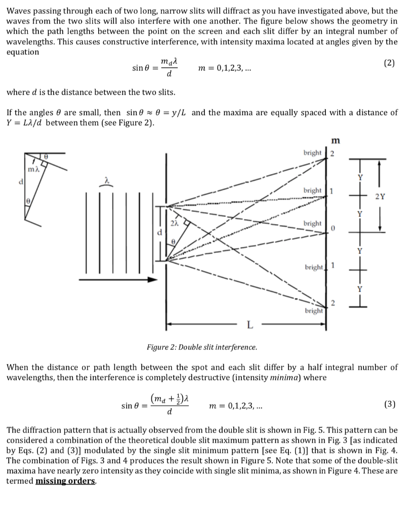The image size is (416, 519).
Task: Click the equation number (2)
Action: (x=389, y=63)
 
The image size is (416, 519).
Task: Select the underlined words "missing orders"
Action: (x=66, y=481)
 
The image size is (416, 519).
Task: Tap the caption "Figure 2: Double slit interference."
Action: (x=201, y=348)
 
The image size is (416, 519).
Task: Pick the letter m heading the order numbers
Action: (x=335, y=139)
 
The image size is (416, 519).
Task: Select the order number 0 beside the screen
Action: (x=334, y=229)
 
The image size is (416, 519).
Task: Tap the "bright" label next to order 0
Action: (x=312, y=224)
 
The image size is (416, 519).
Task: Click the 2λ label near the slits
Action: (x=174, y=223)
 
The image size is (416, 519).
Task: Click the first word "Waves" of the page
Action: (x=19, y=11)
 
